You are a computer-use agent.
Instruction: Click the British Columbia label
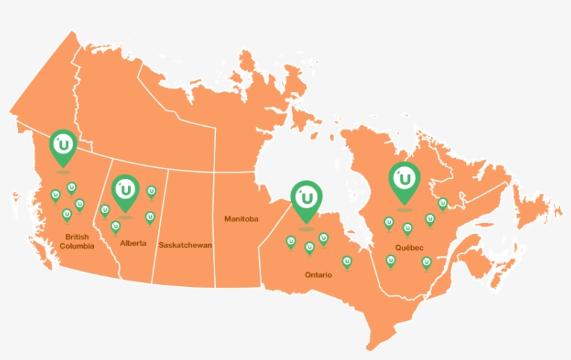(77, 242)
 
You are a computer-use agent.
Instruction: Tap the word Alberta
(132, 243)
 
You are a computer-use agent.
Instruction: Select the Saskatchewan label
(185, 245)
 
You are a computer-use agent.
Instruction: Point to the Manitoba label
(241, 219)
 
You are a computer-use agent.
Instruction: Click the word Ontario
(318, 274)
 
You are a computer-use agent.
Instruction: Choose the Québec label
(409, 248)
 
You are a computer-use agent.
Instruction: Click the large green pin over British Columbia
(63, 145)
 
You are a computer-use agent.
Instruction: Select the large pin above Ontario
(306, 198)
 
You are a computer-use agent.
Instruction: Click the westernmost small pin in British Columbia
(55, 195)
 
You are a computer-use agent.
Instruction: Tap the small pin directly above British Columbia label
(67, 214)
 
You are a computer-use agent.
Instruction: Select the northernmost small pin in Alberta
(151, 191)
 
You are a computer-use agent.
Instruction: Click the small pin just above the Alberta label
(116, 226)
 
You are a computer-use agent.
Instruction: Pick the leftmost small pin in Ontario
(290, 242)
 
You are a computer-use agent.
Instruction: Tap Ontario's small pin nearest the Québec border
(347, 262)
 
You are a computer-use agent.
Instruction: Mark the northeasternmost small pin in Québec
(442, 203)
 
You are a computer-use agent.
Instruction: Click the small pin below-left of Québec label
(391, 261)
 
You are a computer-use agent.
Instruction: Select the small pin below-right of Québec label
(426, 262)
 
